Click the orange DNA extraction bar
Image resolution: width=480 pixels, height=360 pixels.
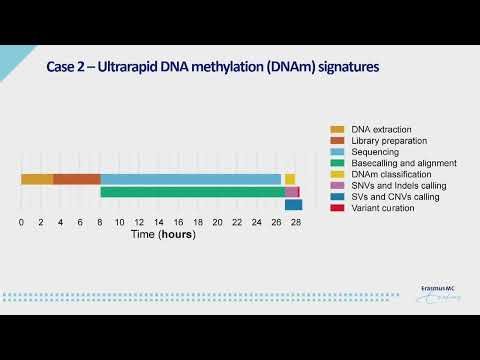click(x=37, y=179)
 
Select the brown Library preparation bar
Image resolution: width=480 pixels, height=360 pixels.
click(x=77, y=179)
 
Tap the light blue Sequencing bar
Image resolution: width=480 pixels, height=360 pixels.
click(x=190, y=179)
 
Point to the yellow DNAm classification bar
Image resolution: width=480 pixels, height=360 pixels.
click(x=290, y=179)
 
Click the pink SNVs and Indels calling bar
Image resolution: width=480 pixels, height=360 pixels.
click(x=292, y=192)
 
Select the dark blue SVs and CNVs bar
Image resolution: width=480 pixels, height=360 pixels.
click(x=294, y=205)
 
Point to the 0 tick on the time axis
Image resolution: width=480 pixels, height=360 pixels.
click(x=22, y=222)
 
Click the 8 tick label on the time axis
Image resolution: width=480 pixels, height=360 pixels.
click(x=100, y=222)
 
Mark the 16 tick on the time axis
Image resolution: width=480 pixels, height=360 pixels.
click(x=178, y=222)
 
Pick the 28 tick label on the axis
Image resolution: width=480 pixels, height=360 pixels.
click(x=295, y=222)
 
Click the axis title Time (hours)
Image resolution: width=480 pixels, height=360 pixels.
click(x=162, y=237)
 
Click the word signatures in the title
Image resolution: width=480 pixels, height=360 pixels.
click(x=338, y=68)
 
